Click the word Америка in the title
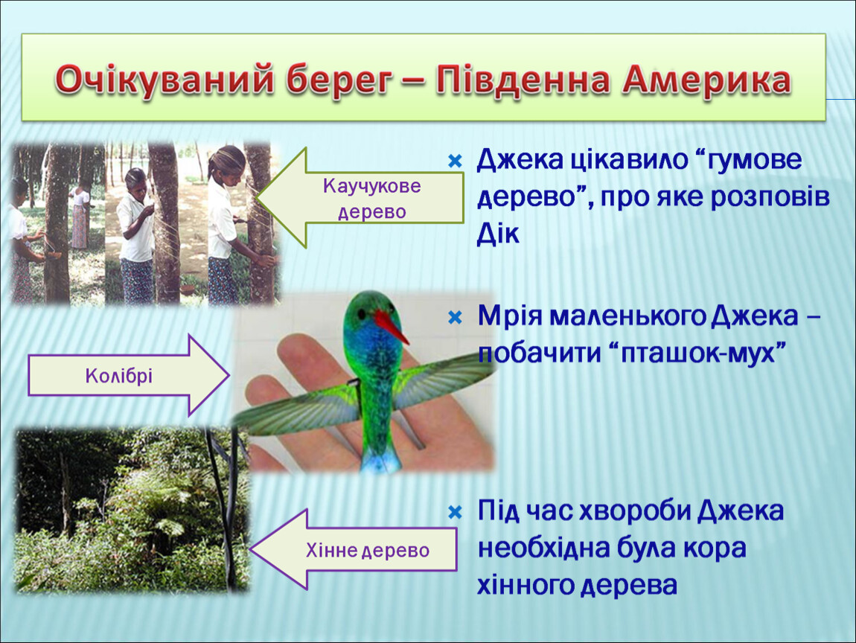coord(706,80)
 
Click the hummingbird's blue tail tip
coord(381,463)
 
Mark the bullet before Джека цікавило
coord(455,161)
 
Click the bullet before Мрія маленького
coord(455,317)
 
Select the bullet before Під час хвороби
coord(455,512)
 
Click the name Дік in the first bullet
coord(497,234)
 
